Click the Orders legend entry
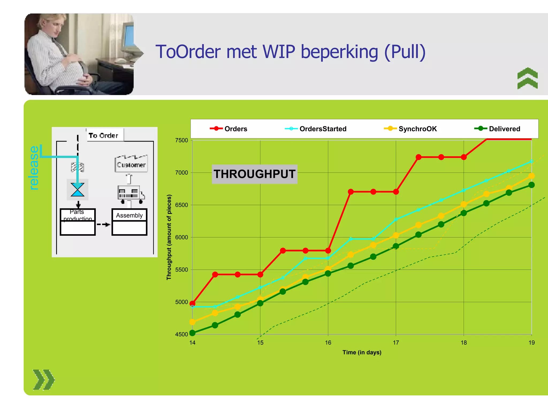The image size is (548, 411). click(x=229, y=129)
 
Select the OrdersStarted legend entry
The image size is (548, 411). click(x=316, y=129)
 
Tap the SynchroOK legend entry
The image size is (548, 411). click(x=410, y=129)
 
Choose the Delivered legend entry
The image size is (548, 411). click(x=497, y=129)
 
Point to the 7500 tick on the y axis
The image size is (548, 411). click(x=182, y=140)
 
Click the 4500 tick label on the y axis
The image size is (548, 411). click(x=182, y=334)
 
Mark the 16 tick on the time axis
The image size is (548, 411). click(x=328, y=343)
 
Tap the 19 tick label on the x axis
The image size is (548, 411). click(x=531, y=343)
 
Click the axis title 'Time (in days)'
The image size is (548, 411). click(x=362, y=352)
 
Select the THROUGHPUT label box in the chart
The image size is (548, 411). click(x=254, y=174)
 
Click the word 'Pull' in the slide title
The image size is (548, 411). click(x=405, y=52)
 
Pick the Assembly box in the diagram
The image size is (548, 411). click(x=130, y=222)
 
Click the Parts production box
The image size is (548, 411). click(x=78, y=222)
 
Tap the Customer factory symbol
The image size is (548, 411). click(x=131, y=163)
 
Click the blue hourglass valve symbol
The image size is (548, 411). click(x=78, y=190)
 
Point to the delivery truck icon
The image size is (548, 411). click(x=131, y=194)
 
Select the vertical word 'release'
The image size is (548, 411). click(x=34, y=168)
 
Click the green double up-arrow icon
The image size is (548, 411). click(x=527, y=78)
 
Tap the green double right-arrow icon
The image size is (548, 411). click(x=44, y=380)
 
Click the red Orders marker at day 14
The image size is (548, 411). click(x=192, y=304)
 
